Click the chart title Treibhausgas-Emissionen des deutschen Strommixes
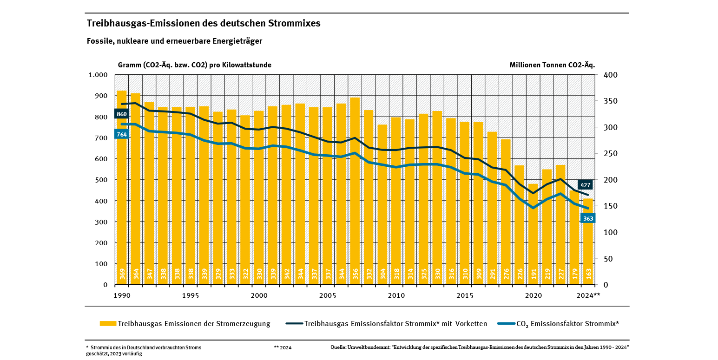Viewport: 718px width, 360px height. [x=204, y=23]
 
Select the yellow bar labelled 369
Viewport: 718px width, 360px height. [x=121, y=186]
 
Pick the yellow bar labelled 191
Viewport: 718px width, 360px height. [x=533, y=232]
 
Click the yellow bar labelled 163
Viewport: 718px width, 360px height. [x=588, y=242]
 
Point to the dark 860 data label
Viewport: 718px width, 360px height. [x=121, y=114]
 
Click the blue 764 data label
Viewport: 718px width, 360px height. [x=121, y=134]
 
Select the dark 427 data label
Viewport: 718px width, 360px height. [x=586, y=184]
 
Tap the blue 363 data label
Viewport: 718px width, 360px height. [x=588, y=218]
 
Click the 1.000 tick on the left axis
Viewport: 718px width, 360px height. [x=98, y=75]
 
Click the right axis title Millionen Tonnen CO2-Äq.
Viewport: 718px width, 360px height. [x=552, y=65]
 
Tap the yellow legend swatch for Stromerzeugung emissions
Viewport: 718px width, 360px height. [x=108, y=324]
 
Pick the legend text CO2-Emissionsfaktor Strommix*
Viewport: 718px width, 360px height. [x=567, y=324]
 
